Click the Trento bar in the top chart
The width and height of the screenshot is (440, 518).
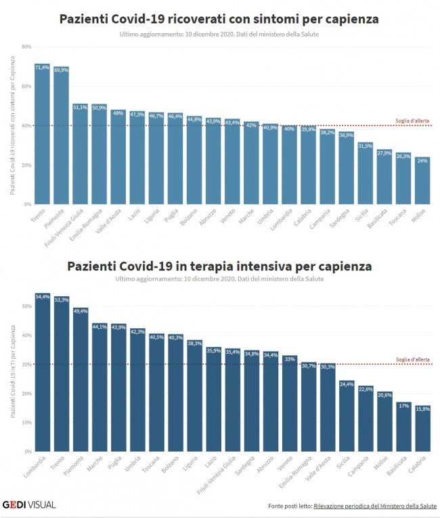(43, 136)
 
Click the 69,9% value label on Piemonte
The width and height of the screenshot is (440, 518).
(61, 70)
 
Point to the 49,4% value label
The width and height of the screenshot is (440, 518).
(80, 311)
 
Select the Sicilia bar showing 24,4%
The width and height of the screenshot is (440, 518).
(347, 416)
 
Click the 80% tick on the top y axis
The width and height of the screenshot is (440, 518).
(27, 47)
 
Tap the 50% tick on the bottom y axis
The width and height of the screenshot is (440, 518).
(27, 306)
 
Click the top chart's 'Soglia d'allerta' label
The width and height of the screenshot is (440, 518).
(412, 121)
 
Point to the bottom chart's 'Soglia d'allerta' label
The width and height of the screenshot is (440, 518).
(412, 359)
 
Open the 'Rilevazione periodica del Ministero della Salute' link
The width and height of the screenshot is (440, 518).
(375, 506)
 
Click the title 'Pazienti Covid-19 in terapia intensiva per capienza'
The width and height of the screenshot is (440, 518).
(219, 266)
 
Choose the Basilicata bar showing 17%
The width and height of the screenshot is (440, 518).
(403, 427)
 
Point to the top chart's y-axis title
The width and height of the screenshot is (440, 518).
(12, 125)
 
